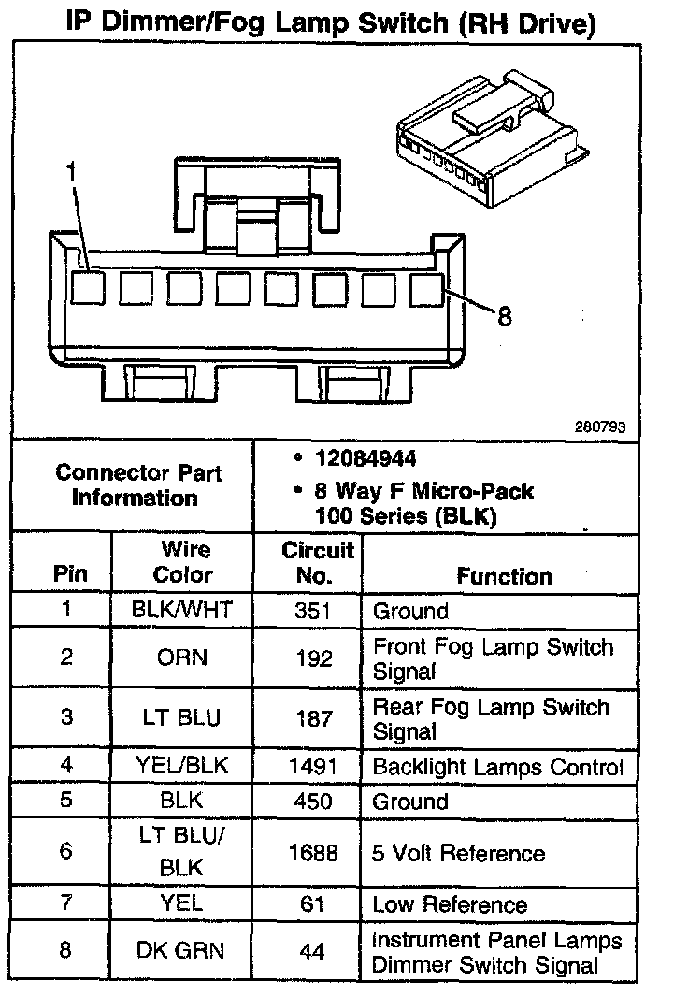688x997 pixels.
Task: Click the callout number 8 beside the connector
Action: click(505, 317)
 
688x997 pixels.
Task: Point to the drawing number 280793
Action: click(600, 425)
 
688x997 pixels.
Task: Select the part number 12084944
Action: click(366, 459)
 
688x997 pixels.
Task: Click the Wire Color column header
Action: click(183, 562)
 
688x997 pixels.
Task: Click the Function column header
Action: click(504, 576)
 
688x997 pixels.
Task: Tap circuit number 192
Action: click(313, 658)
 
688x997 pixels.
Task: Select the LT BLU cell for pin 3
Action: click(181, 718)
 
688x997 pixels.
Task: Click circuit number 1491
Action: click(313, 767)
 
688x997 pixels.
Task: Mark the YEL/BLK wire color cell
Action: click(182, 767)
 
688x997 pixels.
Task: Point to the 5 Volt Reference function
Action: click(458, 853)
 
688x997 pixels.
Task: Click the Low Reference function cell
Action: click(450, 904)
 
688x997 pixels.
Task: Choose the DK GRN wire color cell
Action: click(182, 951)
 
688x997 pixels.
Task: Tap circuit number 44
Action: click(313, 952)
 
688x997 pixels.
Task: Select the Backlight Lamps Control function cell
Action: click(497, 767)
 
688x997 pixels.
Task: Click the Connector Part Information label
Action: click(136, 485)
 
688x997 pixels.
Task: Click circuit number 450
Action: click(313, 802)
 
